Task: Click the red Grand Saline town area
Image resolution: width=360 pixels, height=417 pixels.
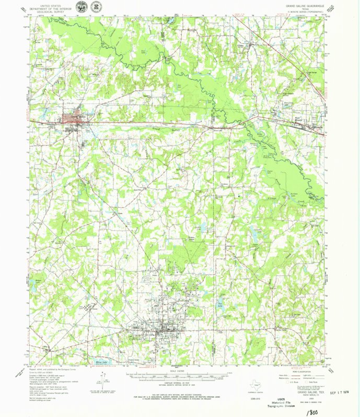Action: (71, 117)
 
